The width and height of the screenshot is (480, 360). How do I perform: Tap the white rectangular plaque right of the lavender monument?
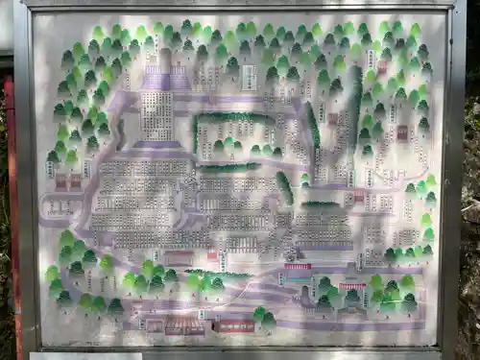pos(248,77)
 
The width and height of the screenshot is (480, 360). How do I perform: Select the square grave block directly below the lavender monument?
pos(156,115)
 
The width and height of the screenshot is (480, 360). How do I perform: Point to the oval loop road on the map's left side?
pos(60,207)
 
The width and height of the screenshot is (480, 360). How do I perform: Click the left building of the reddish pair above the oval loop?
pos(60,180)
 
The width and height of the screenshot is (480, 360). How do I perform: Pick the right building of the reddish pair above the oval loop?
pos(75,180)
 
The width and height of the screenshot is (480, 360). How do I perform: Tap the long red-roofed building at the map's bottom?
pos(233,326)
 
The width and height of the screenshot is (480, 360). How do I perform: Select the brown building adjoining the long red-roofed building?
pos(182,327)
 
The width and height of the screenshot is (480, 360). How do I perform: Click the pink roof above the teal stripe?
pos(298,267)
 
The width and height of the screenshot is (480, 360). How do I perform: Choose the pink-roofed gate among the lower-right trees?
pos(352,287)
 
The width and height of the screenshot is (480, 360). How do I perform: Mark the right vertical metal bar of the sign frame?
pos(450,182)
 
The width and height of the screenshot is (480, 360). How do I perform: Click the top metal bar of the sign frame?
pos(240,5)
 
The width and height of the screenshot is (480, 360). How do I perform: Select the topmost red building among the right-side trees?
pos(382,67)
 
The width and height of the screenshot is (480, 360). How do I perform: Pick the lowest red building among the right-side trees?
pos(359,197)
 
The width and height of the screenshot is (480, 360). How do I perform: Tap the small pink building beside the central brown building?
pos(211,256)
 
